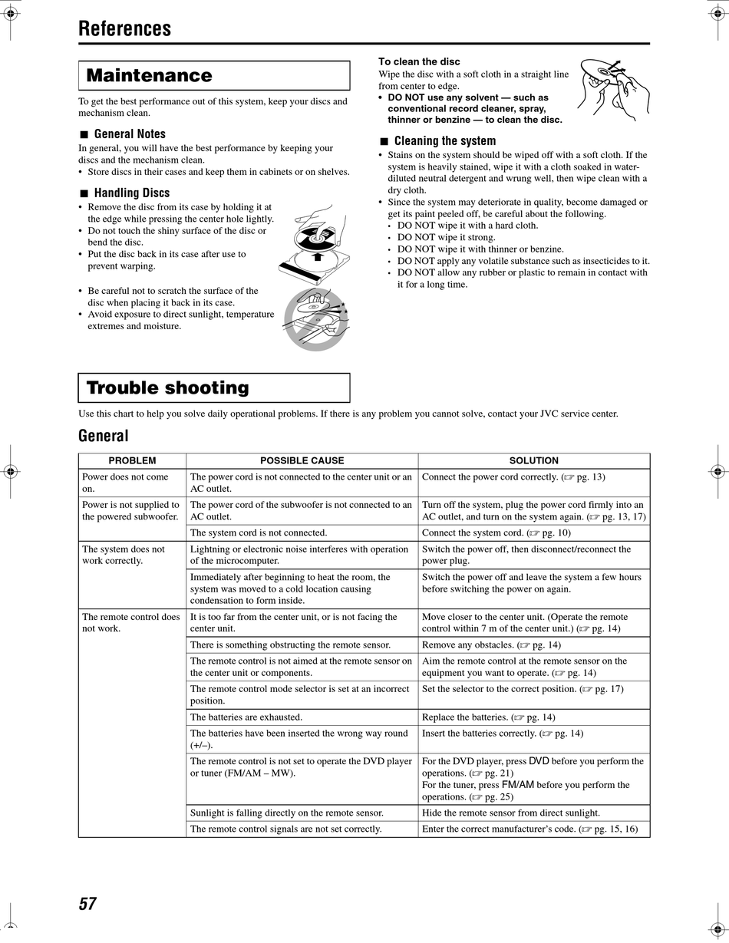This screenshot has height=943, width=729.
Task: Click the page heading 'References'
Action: (x=124, y=29)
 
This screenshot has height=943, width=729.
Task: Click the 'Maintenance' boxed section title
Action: (x=149, y=75)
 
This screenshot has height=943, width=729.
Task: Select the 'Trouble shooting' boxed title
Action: (x=167, y=387)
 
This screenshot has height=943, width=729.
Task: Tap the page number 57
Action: (x=87, y=903)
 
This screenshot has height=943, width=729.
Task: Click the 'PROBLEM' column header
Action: (x=132, y=460)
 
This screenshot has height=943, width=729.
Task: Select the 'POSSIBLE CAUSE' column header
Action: (x=302, y=460)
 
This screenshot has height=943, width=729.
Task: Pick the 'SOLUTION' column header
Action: (x=533, y=460)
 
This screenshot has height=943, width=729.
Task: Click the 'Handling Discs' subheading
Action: (x=131, y=193)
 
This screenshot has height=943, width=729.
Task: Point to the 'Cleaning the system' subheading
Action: (x=444, y=140)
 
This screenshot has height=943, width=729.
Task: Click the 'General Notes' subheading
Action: (x=129, y=134)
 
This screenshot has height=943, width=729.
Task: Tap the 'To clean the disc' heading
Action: (x=419, y=61)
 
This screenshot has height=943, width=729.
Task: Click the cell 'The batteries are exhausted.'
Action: (x=246, y=717)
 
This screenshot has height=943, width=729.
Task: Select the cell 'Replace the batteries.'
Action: (x=488, y=717)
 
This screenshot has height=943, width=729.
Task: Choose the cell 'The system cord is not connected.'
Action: (x=259, y=532)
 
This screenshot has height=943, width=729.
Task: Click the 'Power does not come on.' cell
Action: (x=125, y=482)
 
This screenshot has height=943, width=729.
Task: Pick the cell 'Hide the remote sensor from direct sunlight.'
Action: (x=511, y=813)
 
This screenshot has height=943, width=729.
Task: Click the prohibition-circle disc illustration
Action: (x=316, y=319)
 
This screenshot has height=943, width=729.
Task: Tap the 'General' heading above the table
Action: (x=103, y=436)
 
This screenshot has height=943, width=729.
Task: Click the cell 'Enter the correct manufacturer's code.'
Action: (x=529, y=829)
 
